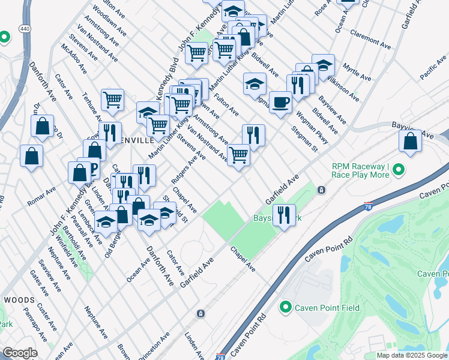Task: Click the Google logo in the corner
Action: tap(20, 353)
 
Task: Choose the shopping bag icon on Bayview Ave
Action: tap(411, 141)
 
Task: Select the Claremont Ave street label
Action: tap(370, 37)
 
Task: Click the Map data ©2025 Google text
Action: tap(412, 355)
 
